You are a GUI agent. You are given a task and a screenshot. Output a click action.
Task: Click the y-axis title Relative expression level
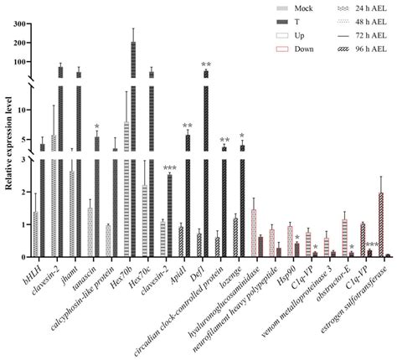8,146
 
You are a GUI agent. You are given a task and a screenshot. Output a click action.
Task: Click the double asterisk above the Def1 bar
205,65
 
